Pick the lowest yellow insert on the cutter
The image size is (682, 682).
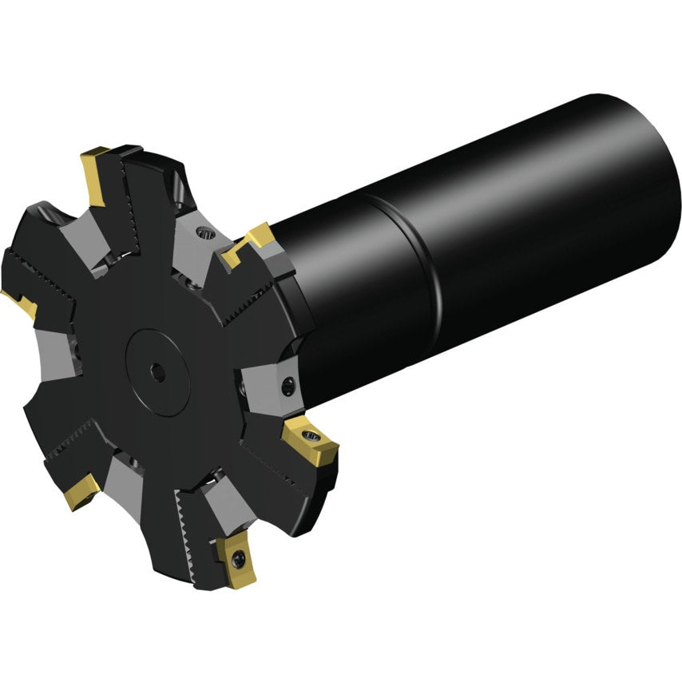click(232, 559)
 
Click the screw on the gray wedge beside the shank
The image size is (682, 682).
click(287, 389)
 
